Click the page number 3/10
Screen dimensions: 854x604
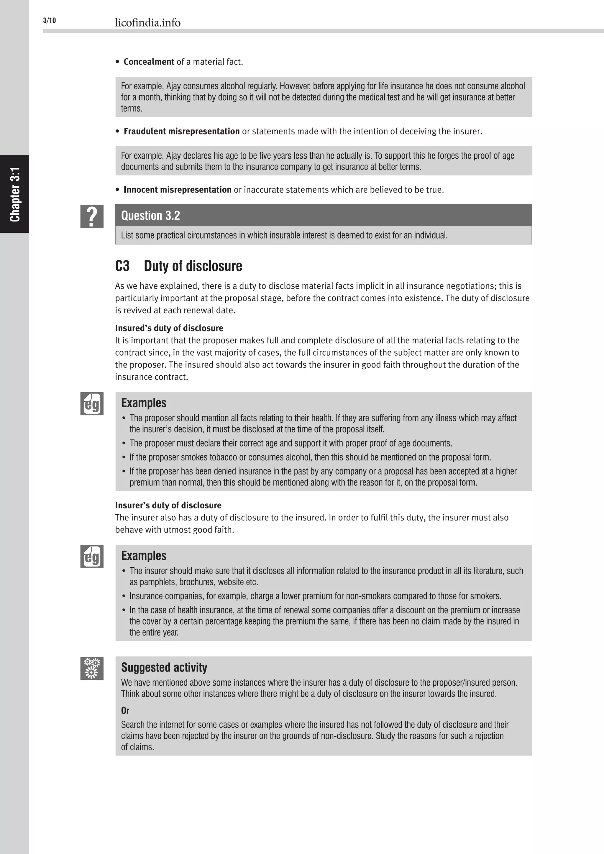pos(50,20)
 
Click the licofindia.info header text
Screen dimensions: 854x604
pos(148,23)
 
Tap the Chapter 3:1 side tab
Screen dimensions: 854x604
pos(14,194)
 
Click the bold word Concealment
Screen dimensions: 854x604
pos(149,62)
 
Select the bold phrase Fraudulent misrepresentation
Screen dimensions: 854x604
pos(181,131)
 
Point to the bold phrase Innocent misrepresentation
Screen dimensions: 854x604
pos(178,190)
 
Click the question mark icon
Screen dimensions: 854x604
pos(91,216)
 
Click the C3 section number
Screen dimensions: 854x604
pos(122,266)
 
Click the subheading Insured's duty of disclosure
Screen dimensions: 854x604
pos(169,328)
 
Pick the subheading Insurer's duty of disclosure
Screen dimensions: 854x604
pos(168,505)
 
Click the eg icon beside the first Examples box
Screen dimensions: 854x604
pos(91,404)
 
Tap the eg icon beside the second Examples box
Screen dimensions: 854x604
pos(91,556)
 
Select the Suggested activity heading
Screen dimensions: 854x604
pos(164,667)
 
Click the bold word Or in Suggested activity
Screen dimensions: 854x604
pos(125,710)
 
